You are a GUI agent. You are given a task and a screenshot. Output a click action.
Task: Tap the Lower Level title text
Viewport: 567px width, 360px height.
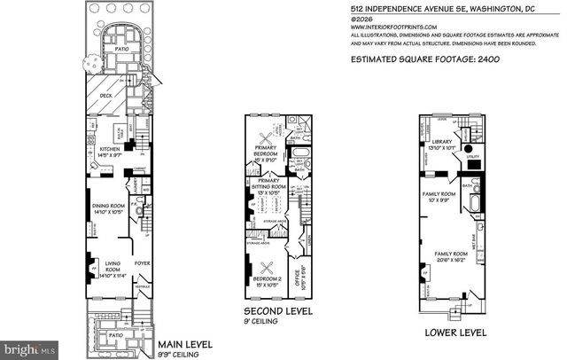[x=455, y=334]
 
